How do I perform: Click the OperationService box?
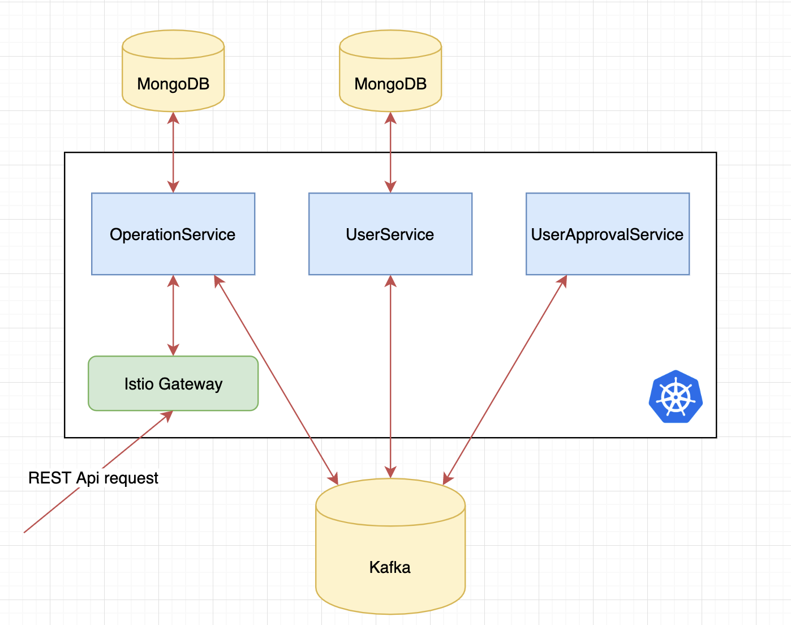coord(173,234)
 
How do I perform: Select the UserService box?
coord(390,234)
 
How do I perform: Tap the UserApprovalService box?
coord(607,234)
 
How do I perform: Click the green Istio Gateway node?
coord(173,383)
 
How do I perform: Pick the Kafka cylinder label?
coord(390,567)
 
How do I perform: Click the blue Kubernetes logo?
coord(676,397)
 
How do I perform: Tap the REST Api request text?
coord(93,478)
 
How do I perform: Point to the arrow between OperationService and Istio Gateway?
coord(173,315)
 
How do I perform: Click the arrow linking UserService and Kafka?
coord(390,376)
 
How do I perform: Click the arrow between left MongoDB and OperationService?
coord(173,152)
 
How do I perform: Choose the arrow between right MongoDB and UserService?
coord(390,152)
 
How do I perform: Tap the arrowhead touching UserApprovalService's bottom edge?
coord(562,281)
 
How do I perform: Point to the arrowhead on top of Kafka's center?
coord(390,472)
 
